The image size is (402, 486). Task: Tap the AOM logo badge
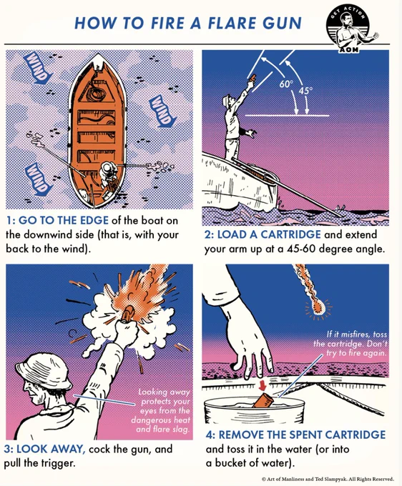pyautogui.click(x=348, y=29)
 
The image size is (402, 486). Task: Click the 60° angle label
pyautogui.click(x=285, y=84)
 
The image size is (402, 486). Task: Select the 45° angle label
pyautogui.click(x=306, y=91)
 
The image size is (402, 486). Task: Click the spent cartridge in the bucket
pyautogui.click(x=263, y=400)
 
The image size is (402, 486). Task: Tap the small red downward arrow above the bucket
pyautogui.click(x=263, y=385)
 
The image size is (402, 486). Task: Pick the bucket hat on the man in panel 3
pyautogui.click(x=43, y=371)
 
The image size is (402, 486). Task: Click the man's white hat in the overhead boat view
pyautogui.click(x=107, y=168)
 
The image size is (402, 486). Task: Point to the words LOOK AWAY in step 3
pyautogui.click(x=51, y=449)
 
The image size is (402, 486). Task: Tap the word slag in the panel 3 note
pyautogui.click(x=182, y=430)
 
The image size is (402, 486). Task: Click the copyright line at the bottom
pyautogui.click(x=328, y=479)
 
